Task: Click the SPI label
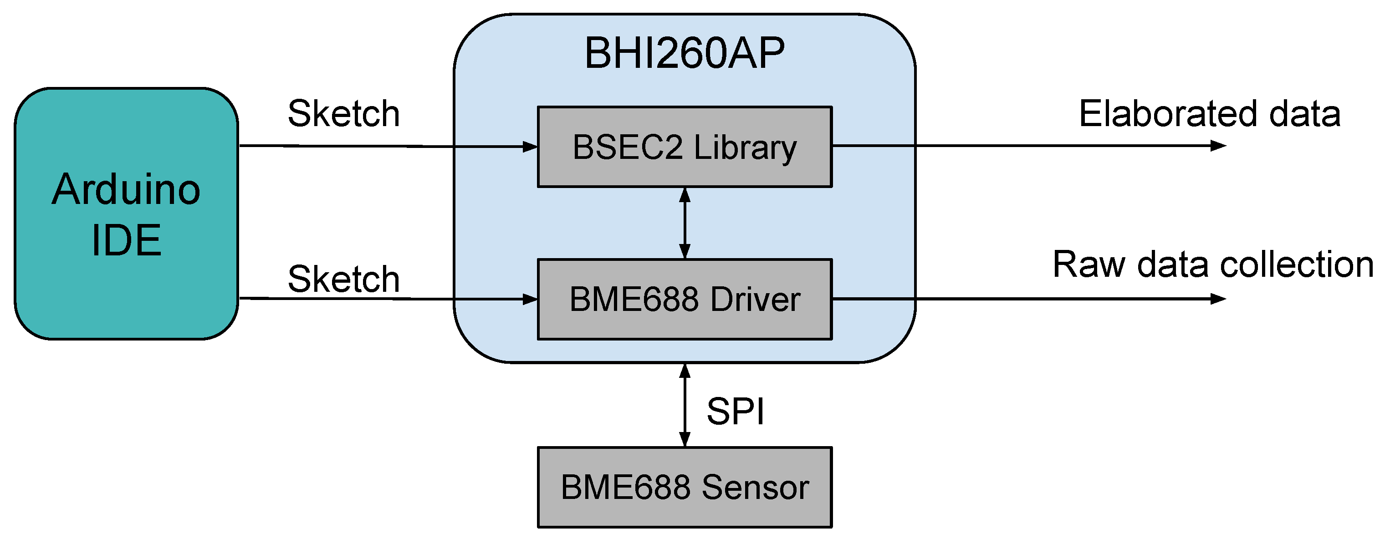coord(735,412)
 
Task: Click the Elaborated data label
coord(1209,113)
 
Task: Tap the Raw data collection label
coord(1213,264)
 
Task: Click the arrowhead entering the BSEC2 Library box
coord(530,146)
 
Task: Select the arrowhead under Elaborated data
coord(1218,146)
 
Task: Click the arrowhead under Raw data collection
coord(1218,299)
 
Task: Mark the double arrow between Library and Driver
coord(685,224)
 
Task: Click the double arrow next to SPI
coord(685,405)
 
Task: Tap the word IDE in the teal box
coord(126,240)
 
